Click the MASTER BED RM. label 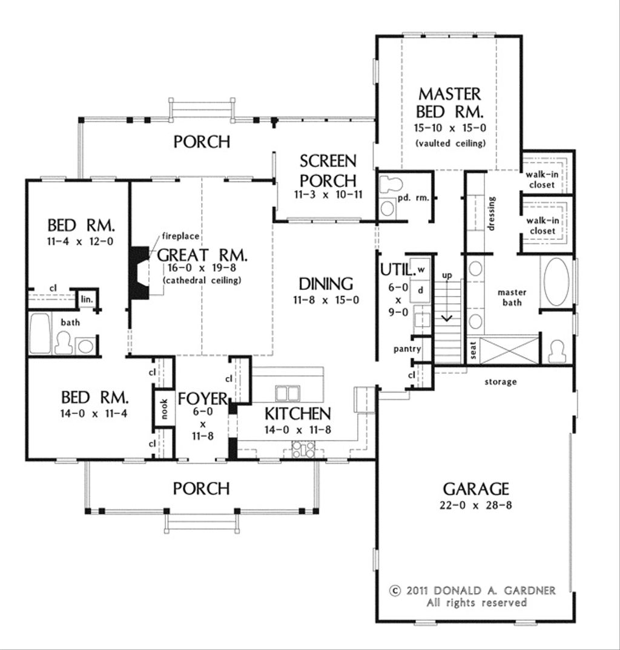click(x=450, y=103)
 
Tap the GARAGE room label click(x=475, y=488)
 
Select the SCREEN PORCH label click(x=328, y=171)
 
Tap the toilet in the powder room click(x=387, y=185)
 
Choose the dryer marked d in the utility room click(x=421, y=290)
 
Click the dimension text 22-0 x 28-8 click(x=475, y=505)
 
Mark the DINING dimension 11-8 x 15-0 click(x=326, y=300)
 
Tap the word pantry click(x=407, y=349)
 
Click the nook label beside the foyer click(x=164, y=411)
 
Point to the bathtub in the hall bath click(x=40, y=333)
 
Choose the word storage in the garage click(x=500, y=382)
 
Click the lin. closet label click(x=86, y=299)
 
